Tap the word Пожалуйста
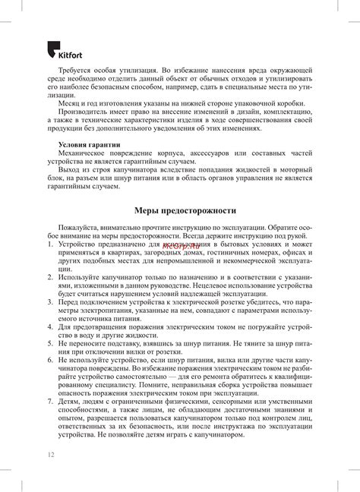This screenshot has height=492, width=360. tap(81, 227)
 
